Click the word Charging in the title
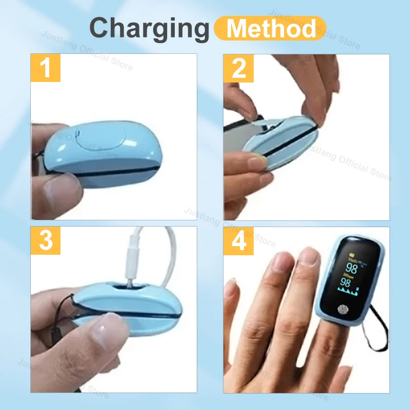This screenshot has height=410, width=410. (x=149, y=28)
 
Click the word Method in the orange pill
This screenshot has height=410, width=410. (x=271, y=28)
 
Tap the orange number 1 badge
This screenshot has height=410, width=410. (x=46, y=68)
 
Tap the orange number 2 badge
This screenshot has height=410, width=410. (x=239, y=68)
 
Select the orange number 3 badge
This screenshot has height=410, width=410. (x=46, y=240)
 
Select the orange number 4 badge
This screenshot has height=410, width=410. (x=239, y=240)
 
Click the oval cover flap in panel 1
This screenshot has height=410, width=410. (x=102, y=140)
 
